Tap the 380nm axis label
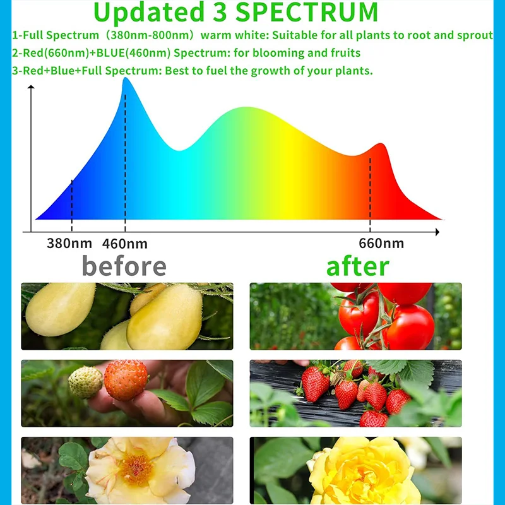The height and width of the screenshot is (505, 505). [x=69, y=243]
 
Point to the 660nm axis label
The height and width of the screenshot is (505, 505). [x=381, y=243]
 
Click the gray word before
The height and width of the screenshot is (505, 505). [x=124, y=266]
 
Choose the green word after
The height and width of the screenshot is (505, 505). [x=357, y=266]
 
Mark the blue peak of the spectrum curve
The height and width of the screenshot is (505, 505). [x=126, y=80]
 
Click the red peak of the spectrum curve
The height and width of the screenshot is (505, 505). [x=380, y=145]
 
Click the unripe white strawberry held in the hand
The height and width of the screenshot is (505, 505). [x=85, y=382]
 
